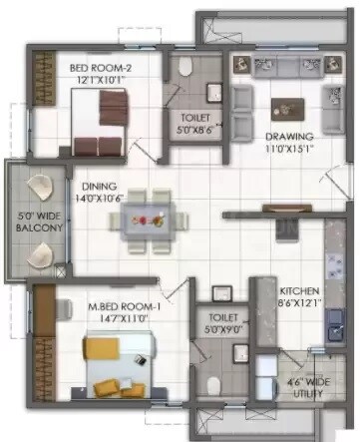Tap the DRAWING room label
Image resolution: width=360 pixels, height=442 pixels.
pos(290,136)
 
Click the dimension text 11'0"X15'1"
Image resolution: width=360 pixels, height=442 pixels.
pos(290,149)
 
